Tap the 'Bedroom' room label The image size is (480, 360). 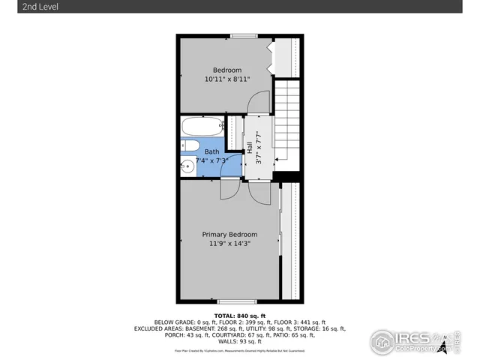point(227,70)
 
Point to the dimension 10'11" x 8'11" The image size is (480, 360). point(227,79)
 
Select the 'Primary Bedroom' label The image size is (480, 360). point(229,234)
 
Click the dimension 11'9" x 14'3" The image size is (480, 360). point(229,243)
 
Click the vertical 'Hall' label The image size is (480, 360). point(249,147)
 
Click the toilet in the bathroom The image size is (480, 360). point(190,145)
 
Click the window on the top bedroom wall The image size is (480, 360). point(241,35)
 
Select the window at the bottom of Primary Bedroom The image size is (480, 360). point(241,301)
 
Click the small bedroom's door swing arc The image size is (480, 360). point(258,101)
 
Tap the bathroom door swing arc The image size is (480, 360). point(228,190)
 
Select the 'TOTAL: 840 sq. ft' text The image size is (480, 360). point(241,316)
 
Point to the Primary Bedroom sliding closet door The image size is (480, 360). point(280,240)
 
